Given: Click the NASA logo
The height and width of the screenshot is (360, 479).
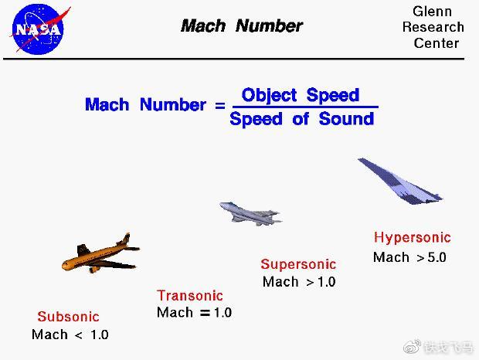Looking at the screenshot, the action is pyautogui.click(x=38, y=29).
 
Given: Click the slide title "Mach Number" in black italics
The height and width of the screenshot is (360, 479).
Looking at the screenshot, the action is pyautogui.click(x=242, y=25).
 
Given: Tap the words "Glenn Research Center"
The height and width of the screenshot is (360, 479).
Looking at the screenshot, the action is pyautogui.click(x=433, y=27).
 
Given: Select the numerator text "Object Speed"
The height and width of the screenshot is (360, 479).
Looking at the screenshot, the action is pyautogui.click(x=301, y=95).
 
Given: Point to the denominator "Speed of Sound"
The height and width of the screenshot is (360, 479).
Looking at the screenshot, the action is pyautogui.click(x=302, y=119).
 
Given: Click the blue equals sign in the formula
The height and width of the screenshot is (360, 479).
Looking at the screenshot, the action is pyautogui.click(x=220, y=106).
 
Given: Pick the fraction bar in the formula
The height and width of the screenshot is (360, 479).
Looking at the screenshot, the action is pyautogui.click(x=305, y=107).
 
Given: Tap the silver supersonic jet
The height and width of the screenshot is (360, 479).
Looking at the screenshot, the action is pyautogui.click(x=250, y=213).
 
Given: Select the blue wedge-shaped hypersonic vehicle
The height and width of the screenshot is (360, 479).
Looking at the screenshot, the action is pyautogui.click(x=400, y=181).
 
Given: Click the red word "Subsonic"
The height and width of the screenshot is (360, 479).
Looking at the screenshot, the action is pyautogui.click(x=69, y=317).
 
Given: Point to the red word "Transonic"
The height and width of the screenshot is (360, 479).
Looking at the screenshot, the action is pyautogui.click(x=190, y=296).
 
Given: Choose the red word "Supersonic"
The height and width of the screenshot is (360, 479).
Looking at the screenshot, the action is pyautogui.click(x=298, y=264).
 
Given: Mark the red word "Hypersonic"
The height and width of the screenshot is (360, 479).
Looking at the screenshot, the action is pyautogui.click(x=413, y=238).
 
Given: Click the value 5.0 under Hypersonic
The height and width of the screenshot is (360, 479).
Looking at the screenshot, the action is pyautogui.click(x=437, y=257).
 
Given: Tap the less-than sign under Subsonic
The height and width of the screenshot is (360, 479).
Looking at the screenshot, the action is pyautogui.click(x=79, y=335).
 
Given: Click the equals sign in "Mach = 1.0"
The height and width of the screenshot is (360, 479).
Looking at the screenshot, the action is pyautogui.click(x=205, y=313).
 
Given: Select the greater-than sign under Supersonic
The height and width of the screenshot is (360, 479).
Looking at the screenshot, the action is pyautogui.click(x=311, y=283).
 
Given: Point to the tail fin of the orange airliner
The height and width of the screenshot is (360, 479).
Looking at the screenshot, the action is pyautogui.click(x=125, y=239).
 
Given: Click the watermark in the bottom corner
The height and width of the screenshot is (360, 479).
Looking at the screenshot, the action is pyautogui.click(x=438, y=347).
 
